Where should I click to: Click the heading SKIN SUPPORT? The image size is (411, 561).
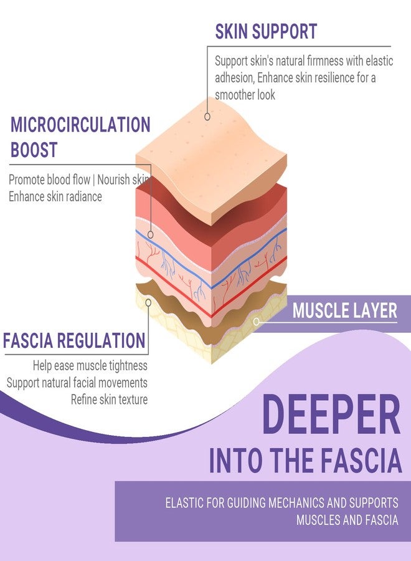(x=266, y=31)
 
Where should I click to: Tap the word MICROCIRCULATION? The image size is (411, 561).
(x=80, y=125)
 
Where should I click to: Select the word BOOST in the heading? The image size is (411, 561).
(x=34, y=150)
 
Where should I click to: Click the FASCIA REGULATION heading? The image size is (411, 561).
(x=74, y=340)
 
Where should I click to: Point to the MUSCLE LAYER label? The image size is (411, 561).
(x=344, y=310)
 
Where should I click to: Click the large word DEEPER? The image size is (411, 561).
(x=331, y=414)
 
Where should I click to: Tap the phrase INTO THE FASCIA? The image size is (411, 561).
(x=306, y=460)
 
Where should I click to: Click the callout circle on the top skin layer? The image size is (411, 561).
(x=207, y=117)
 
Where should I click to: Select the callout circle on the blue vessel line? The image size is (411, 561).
(x=151, y=235)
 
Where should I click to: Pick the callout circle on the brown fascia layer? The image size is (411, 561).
(x=148, y=303)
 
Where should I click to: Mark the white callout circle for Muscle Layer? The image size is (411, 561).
(x=256, y=322)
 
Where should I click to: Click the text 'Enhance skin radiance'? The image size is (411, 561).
(x=55, y=196)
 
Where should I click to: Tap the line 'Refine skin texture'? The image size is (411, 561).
(x=109, y=400)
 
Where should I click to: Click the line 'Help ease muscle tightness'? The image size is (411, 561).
(x=90, y=366)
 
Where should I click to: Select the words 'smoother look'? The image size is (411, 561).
(x=245, y=95)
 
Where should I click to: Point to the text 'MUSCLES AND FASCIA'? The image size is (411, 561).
(x=347, y=520)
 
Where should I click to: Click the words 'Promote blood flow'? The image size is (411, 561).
(x=49, y=180)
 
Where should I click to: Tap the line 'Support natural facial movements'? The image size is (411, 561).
(x=77, y=383)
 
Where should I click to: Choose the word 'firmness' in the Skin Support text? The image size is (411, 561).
(x=325, y=61)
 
